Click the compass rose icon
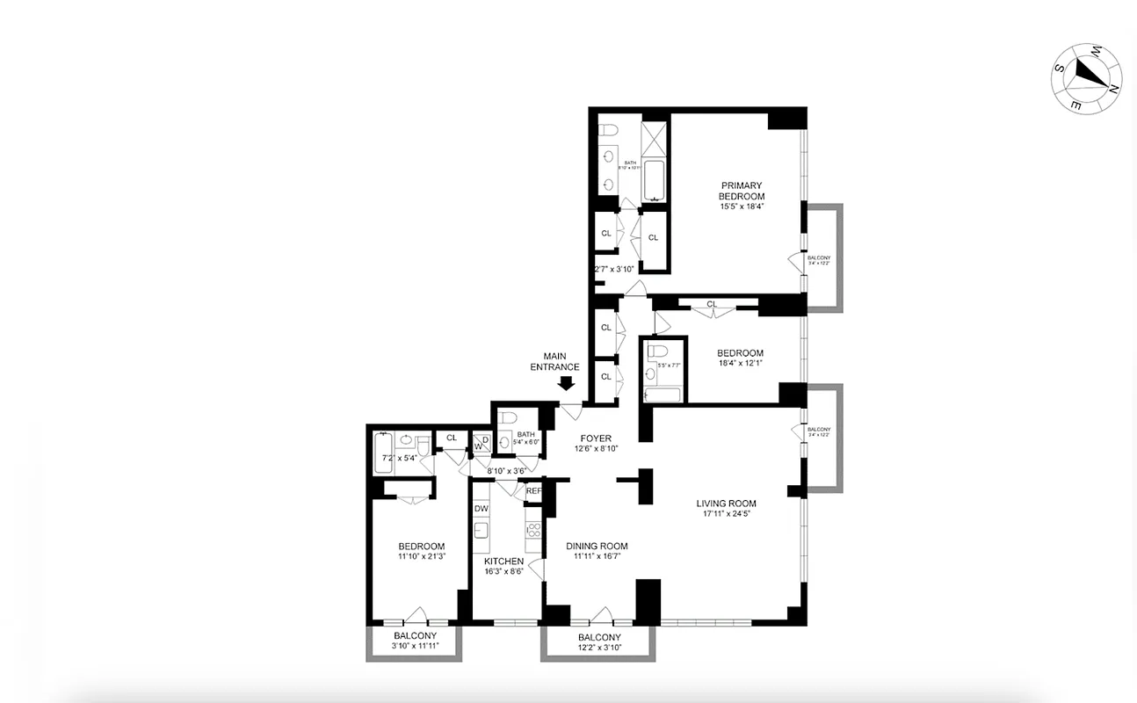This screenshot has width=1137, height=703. tap(1088, 77)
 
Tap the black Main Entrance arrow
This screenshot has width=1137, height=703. tap(566, 383)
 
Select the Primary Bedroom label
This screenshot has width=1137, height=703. tap(742, 191)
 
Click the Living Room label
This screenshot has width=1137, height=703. tap(726, 504)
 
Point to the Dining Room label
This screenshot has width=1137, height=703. tap(597, 546)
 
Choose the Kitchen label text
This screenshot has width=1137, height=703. tap(503, 561)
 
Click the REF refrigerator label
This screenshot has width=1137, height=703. tap(533, 491)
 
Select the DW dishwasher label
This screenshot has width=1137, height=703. tap(482, 509)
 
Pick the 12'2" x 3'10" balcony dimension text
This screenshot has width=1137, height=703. tap(599, 648)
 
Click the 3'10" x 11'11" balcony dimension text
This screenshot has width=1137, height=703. tap(415, 647)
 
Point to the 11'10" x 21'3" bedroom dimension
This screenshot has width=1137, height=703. tap(421, 556)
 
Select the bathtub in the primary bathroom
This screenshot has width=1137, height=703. tap(655, 179)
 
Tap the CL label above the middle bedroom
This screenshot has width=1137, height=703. tap(712, 305)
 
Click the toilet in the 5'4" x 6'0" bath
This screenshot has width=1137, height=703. tap(507, 442)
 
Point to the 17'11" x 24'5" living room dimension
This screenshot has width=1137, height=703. tap(726, 514)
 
